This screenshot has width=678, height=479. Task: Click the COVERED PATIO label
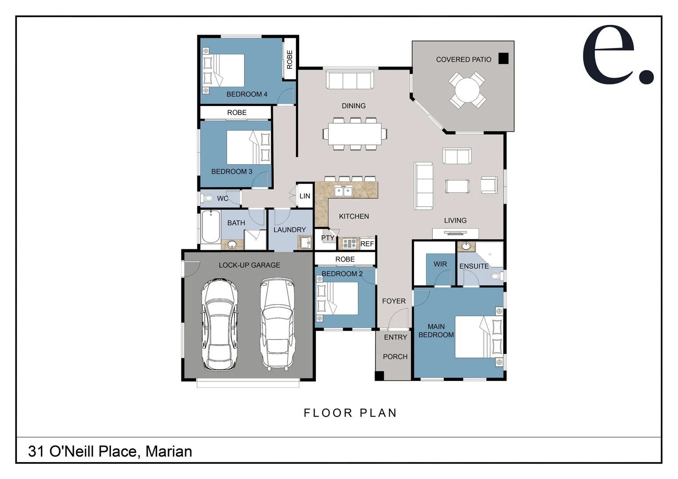[x=463, y=59]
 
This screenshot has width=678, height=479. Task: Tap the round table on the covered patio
[x=467, y=90]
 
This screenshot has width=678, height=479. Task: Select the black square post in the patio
[x=503, y=59]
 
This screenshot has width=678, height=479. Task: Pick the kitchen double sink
[x=343, y=191]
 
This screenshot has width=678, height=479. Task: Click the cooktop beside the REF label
[x=349, y=243]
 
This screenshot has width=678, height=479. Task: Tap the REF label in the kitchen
[x=367, y=244]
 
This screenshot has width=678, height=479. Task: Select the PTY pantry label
[x=327, y=238]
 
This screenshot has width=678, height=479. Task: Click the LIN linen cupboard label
[x=305, y=196]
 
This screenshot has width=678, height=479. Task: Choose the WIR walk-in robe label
[x=440, y=264]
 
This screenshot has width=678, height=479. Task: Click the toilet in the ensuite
[x=497, y=276]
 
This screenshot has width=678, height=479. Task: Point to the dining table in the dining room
[x=355, y=133]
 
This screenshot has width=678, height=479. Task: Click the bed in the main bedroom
[x=479, y=337]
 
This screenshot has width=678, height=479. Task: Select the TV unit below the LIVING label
[x=455, y=233]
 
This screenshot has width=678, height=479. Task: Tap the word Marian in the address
[x=169, y=451]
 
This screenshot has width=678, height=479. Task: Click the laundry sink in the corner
[x=305, y=242]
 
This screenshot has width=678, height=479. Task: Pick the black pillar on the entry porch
[x=379, y=376]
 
